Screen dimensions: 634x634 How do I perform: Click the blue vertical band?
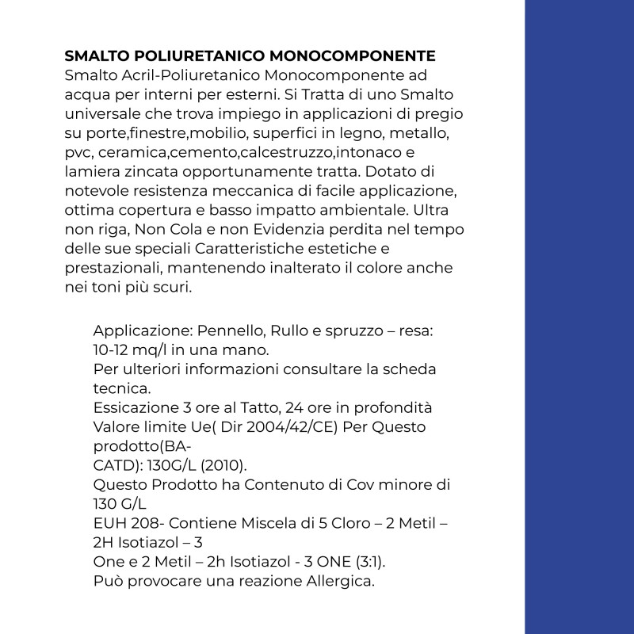coord(579,317)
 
